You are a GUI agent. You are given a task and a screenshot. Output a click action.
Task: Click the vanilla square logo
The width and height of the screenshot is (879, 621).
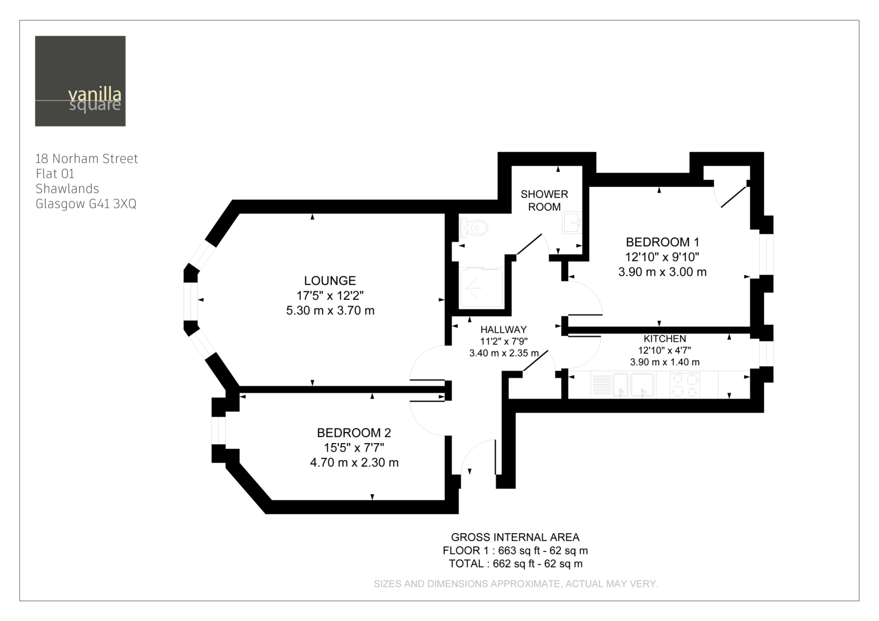[80, 81]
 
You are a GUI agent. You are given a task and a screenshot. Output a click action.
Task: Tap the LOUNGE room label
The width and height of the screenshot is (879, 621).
[330, 280]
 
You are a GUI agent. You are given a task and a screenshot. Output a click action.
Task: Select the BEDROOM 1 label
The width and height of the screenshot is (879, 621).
[662, 242]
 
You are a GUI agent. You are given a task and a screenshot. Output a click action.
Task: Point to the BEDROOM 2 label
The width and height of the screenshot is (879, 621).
[354, 433]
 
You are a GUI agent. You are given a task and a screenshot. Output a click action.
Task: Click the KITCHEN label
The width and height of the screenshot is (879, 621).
[664, 338]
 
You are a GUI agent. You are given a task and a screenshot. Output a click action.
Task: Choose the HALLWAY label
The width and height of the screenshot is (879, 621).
[503, 330]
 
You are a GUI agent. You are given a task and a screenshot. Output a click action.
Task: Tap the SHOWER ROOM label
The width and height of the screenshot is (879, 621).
[544, 200]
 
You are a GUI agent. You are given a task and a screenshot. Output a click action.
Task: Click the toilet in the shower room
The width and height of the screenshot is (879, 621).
[474, 227]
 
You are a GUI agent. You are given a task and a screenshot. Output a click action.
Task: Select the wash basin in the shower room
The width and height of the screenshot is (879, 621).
[572, 223]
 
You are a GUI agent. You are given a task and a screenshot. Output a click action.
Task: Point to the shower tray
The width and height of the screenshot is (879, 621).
[481, 288]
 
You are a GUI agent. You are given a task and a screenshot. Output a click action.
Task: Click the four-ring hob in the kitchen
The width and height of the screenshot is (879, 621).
[684, 385]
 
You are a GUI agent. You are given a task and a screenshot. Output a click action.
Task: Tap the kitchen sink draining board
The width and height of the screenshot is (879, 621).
[601, 385]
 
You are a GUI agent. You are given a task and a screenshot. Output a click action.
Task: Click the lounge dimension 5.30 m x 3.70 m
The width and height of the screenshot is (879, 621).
[330, 310]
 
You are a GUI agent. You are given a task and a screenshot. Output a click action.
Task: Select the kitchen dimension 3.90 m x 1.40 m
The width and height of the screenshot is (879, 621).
[664, 362]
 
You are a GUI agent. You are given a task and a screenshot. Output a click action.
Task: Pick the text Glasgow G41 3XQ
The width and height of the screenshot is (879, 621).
[86, 204]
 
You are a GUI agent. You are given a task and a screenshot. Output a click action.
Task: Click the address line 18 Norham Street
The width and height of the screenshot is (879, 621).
[87, 159]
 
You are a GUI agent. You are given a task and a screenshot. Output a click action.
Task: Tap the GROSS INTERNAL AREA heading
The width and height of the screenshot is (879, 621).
[515, 537]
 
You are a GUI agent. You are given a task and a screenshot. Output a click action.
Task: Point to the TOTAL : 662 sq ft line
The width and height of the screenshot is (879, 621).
[516, 564]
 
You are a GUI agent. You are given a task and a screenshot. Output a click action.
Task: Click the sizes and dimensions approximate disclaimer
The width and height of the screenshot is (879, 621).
[516, 584]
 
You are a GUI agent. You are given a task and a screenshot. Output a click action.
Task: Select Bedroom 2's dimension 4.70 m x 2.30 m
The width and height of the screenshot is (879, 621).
[354, 462]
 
